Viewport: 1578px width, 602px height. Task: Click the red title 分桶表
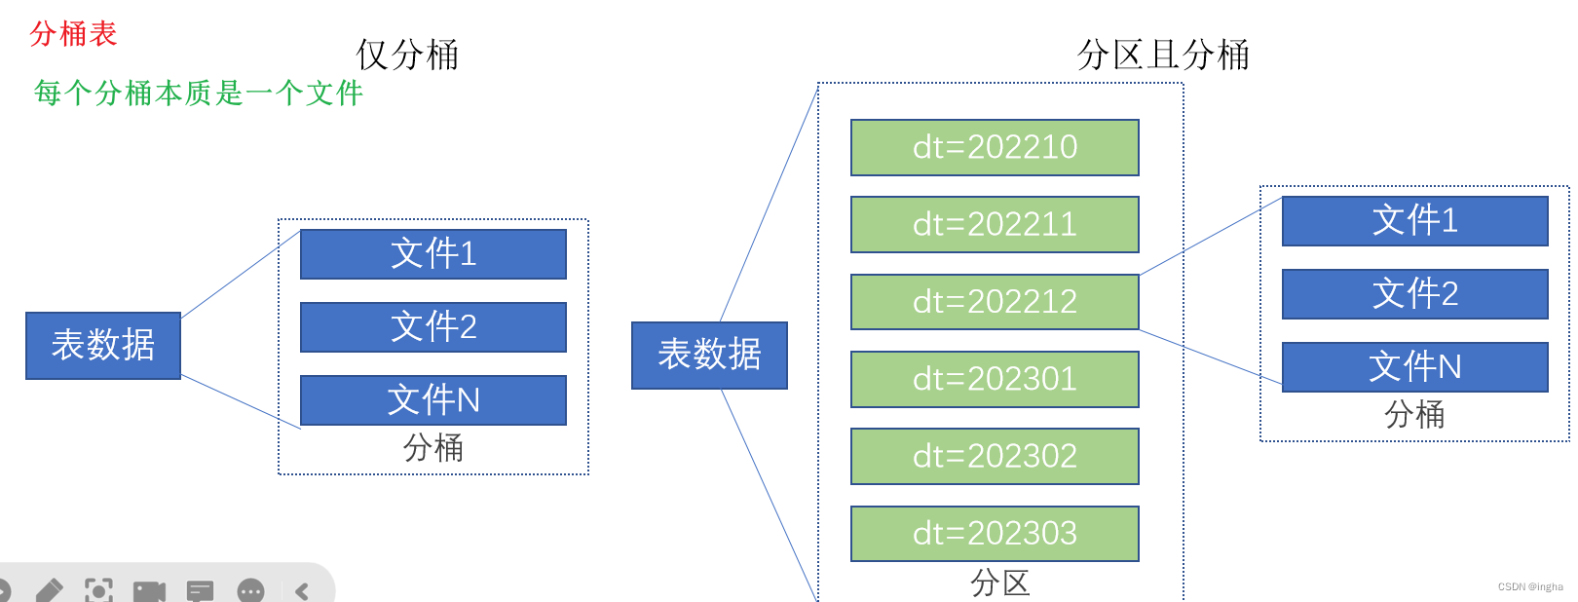tap(73, 34)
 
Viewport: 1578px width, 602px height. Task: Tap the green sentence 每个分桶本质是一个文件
tap(198, 93)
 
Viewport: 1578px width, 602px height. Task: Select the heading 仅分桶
tap(407, 55)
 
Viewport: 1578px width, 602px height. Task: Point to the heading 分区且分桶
tap(1163, 55)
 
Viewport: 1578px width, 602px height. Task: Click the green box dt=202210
tap(995, 147)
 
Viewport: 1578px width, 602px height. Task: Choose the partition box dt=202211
tap(995, 224)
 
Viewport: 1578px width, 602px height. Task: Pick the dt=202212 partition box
tap(995, 302)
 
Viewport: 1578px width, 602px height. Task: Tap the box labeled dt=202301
tap(995, 379)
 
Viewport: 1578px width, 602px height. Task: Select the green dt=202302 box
tap(995, 456)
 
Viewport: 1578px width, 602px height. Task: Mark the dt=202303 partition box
tap(995, 533)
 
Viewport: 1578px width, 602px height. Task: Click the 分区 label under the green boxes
tap(999, 583)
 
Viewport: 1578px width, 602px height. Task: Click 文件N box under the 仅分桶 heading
tap(433, 400)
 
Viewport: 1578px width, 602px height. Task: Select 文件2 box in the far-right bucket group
tap(1414, 293)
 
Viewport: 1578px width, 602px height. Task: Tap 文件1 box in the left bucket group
tap(433, 254)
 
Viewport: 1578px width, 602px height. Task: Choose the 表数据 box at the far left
tap(103, 345)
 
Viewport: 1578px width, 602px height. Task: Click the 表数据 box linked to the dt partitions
tap(709, 355)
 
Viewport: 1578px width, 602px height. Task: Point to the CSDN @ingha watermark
tap(1529, 587)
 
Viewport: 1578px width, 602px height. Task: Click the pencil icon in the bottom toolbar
tap(50, 590)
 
